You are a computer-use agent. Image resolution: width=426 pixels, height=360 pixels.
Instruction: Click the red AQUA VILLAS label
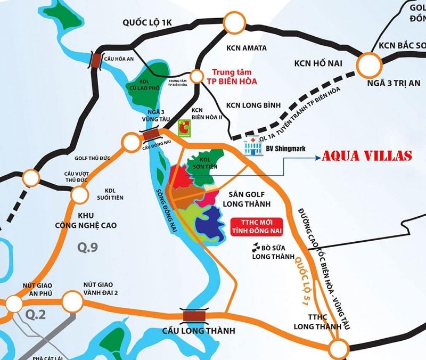[366, 156]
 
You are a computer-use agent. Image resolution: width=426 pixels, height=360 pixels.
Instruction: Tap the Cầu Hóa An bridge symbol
[97, 60]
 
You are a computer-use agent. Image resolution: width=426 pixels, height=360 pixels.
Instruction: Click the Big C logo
[184, 127]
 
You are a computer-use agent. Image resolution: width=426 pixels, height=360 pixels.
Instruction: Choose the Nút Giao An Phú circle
[13, 303]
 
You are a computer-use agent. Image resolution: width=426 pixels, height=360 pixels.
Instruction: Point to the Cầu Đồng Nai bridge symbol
[150, 136]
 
